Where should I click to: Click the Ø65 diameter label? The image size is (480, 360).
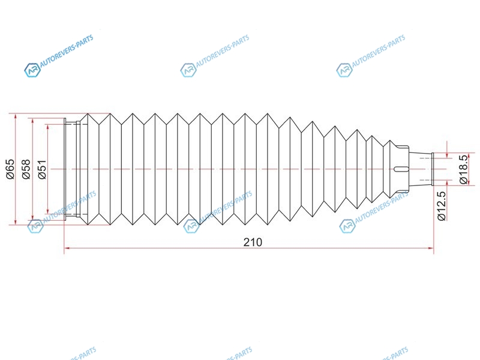click(10, 169)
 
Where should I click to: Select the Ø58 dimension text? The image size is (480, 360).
click(26, 169)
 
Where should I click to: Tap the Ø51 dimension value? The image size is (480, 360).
click(42, 169)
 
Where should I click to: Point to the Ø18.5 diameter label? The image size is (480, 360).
click(464, 169)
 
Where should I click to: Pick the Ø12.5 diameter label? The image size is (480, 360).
click(442, 206)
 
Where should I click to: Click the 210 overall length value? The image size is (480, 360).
click(253, 242)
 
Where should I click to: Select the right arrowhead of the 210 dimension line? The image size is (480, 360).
click(430, 248)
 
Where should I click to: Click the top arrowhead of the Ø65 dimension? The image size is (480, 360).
click(16, 116)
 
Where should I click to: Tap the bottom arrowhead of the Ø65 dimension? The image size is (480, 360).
click(16, 221)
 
